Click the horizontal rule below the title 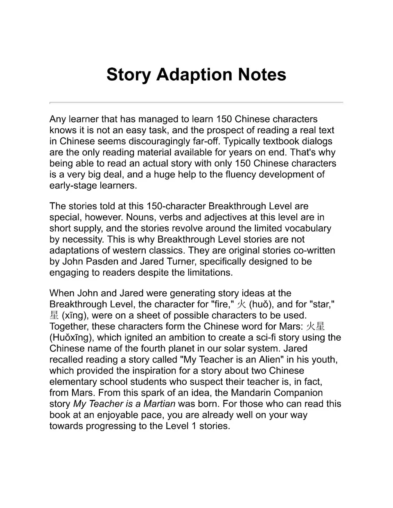point(196,102)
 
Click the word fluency point(243,175)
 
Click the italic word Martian point(159,404)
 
